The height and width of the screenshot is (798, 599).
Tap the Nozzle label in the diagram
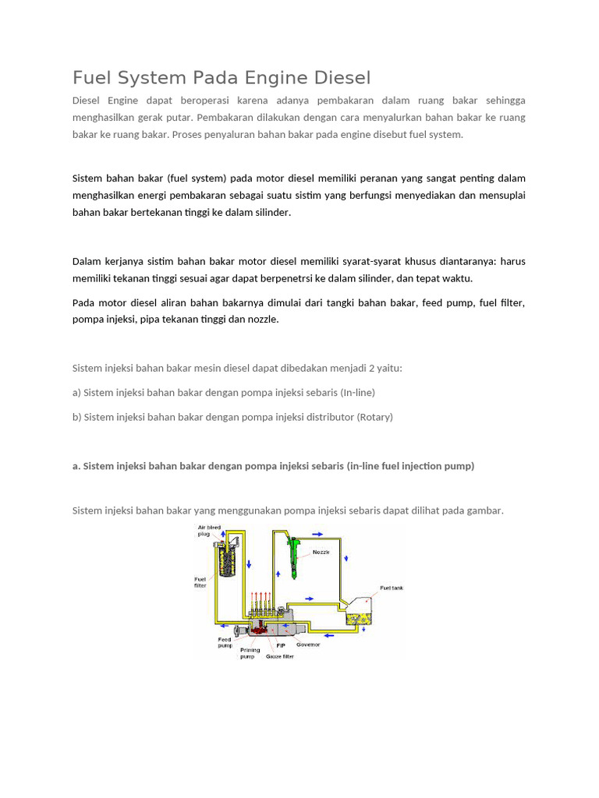click(321, 552)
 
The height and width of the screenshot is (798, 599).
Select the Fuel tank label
click(391, 588)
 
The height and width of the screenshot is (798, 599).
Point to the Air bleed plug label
click(208, 531)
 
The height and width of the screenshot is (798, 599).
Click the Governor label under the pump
click(309, 644)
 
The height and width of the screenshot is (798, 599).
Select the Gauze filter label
click(279, 656)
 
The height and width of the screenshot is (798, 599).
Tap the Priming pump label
click(250, 653)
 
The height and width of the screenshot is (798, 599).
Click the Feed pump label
click(225, 642)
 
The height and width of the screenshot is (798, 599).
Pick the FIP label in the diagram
click(281, 645)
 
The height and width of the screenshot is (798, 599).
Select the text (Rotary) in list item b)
click(375, 417)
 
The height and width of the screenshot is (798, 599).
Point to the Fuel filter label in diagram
click(200, 582)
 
